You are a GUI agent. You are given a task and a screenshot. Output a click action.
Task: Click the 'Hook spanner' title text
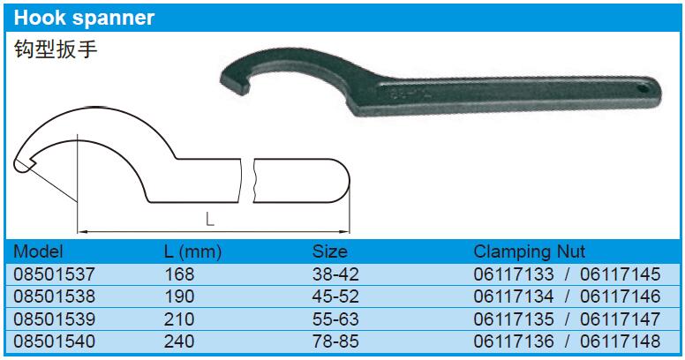pos(85,18)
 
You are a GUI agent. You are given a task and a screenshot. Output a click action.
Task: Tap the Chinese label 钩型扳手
pos(56,49)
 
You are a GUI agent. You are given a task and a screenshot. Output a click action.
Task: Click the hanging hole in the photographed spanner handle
pos(644,89)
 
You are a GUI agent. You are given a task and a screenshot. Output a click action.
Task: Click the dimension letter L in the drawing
pos(210,220)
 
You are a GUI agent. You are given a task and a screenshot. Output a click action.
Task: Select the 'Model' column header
pos(38,251)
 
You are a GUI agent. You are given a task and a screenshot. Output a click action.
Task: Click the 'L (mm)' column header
pos(192,252)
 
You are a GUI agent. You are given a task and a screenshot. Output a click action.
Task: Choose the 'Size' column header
pos(330,251)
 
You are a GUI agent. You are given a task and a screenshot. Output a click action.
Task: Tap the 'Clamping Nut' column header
pos(529,252)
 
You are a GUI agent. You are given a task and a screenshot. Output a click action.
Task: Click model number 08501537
pos(54,274)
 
